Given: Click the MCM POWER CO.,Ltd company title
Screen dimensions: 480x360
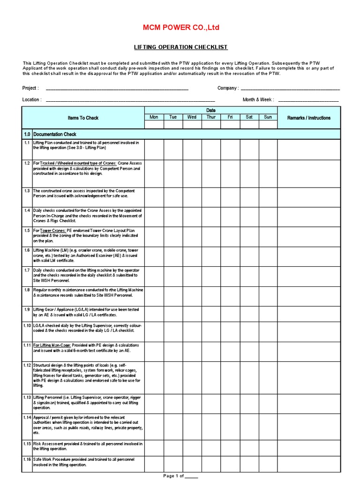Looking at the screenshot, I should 180,28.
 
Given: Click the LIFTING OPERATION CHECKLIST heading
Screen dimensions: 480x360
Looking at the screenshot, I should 181,47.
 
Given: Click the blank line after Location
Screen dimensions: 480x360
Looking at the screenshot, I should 130,99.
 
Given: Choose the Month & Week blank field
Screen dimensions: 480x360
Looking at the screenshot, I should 308,99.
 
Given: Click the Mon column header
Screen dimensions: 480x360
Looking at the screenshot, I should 154,117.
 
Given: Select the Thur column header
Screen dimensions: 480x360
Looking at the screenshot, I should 211,117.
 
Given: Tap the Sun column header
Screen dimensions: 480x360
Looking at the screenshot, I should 268,117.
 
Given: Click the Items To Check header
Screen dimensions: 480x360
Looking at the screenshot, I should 83,118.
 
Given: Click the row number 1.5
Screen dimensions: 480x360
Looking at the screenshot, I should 27,231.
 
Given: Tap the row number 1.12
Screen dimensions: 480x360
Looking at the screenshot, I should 27,365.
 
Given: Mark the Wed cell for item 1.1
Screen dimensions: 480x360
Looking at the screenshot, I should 192,149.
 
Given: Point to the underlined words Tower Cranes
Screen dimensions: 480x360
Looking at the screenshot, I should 52,231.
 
